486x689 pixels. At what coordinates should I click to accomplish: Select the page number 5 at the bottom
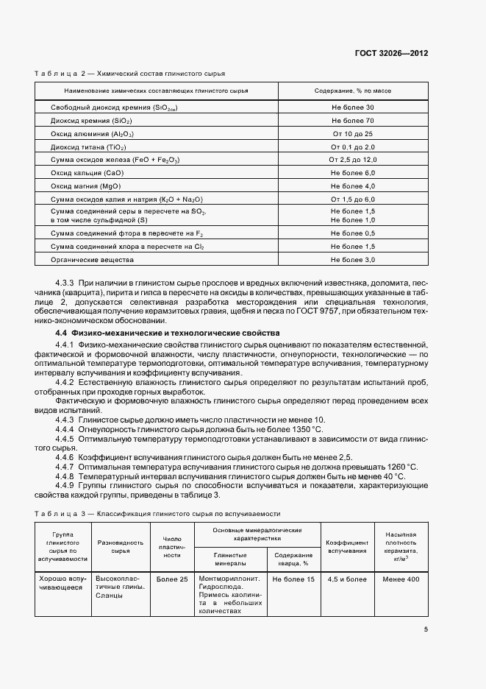coord(426,629)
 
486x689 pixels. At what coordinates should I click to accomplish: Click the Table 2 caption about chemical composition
coord(130,74)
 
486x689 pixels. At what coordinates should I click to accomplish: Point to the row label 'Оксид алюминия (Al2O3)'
coord(93,134)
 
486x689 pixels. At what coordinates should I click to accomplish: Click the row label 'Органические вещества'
coord(93,260)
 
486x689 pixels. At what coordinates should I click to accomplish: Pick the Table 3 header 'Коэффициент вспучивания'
coord(348,545)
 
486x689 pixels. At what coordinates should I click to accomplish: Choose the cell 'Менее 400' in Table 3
coord(401,579)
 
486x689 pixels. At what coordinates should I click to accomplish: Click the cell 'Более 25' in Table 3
coord(172,579)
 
